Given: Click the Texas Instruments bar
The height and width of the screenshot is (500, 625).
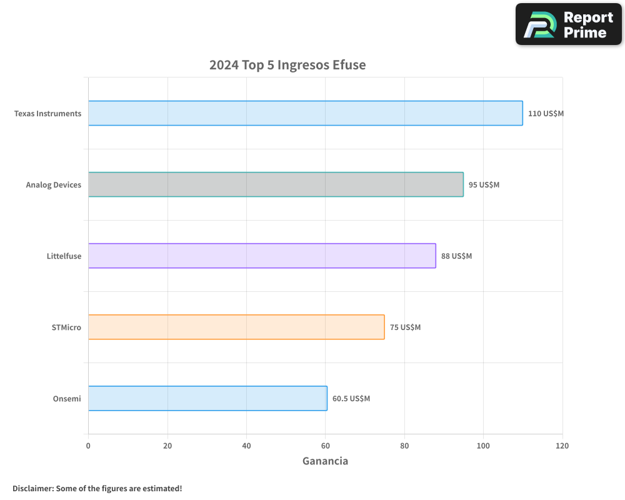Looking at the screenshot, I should point(305,113).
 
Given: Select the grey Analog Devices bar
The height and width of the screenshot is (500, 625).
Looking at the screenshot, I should point(276,184).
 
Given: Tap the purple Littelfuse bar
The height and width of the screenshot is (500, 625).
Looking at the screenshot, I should point(262,256).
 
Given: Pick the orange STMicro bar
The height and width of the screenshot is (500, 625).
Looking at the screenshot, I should point(236,327).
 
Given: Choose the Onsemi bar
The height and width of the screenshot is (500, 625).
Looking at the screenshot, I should point(207,398).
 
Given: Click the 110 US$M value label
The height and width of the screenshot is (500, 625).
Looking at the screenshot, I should point(546,114).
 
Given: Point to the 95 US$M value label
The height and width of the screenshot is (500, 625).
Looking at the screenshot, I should point(484,185).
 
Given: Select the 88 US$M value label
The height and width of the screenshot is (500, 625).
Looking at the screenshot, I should point(456,256).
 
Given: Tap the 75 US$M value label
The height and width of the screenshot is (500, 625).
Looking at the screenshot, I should point(405,327).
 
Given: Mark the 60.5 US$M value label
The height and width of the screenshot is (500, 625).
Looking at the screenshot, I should point(351,399).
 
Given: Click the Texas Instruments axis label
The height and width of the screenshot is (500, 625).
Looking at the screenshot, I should point(47,114).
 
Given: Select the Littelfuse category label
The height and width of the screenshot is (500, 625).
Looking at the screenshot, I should point(64,256).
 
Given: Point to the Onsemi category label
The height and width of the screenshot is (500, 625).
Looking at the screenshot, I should point(67,399).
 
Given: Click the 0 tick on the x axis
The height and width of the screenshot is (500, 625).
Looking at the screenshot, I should point(88,446).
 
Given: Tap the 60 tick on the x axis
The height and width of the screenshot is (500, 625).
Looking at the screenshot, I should point(325,446).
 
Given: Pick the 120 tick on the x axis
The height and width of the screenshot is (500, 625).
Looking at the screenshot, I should point(562,446).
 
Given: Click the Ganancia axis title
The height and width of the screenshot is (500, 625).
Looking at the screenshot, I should point(325,461).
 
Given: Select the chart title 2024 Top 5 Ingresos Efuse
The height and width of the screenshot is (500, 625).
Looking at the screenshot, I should point(287,65).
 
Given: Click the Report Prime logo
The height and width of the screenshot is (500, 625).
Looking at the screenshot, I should point(569,24).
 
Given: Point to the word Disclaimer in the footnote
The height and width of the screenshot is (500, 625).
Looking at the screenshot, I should point(32,488).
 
